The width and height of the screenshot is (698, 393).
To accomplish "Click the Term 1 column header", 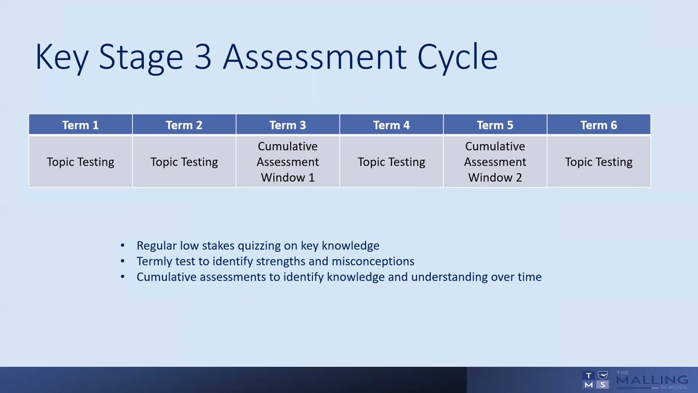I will (80, 125).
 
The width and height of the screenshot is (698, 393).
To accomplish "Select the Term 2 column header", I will (184, 125).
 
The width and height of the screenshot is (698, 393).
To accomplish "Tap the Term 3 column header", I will (287, 125).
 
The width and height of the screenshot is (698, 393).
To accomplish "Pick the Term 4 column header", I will (391, 125).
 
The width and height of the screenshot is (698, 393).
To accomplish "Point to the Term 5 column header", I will (495, 125).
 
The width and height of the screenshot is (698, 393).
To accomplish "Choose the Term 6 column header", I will (598, 125).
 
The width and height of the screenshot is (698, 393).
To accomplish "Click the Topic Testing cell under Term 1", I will (80, 162).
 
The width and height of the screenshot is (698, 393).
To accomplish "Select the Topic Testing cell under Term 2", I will (184, 162).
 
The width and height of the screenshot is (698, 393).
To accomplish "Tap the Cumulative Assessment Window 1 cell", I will (287, 162).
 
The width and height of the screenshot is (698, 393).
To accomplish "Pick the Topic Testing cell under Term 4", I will (391, 162).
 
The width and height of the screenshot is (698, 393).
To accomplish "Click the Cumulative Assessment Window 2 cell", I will (495, 162).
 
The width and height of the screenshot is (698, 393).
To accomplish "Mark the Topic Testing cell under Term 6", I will (598, 162).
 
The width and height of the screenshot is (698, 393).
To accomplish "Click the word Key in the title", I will (62, 57).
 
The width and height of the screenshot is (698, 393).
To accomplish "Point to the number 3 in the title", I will (202, 57).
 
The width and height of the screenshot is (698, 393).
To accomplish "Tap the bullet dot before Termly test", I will (123, 261).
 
